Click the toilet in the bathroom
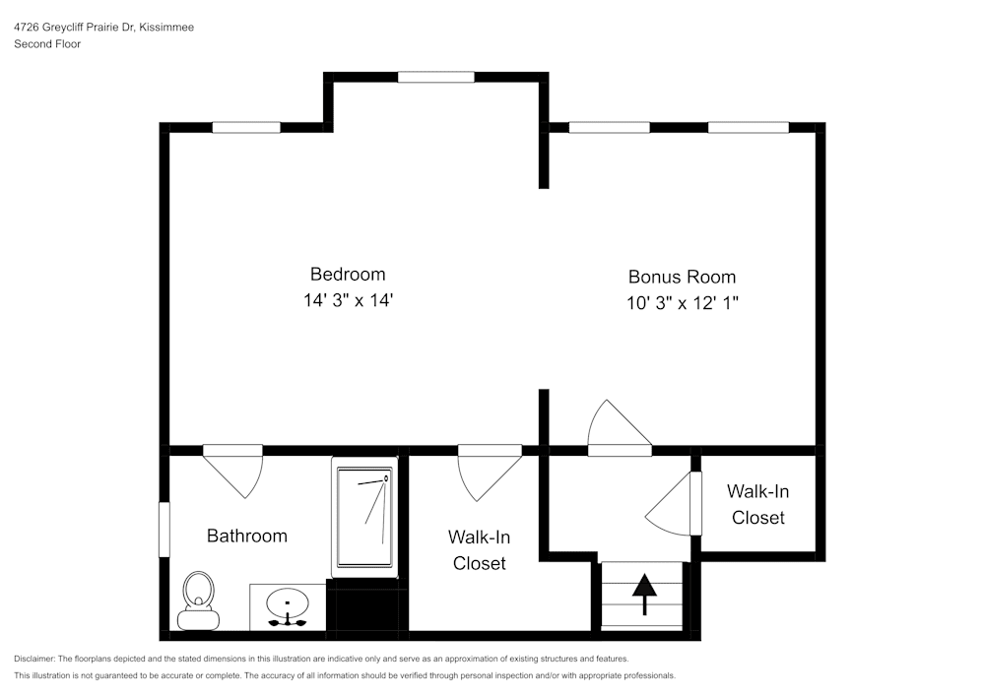(x=198, y=600)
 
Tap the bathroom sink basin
(x=288, y=601)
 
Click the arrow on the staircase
(x=644, y=593)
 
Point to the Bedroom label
(x=348, y=274)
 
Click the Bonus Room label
(x=682, y=277)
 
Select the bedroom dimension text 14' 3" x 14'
(x=348, y=301)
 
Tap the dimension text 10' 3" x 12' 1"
(x=682, y=303)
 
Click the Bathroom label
(x=246, y=536)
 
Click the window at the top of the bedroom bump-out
(x=435, y=77)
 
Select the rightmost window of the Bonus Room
(x=748, y=127)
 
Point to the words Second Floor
(x=47, y=44)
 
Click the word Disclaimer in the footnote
(x=34, y=659)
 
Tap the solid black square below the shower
(x=366, y=607)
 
